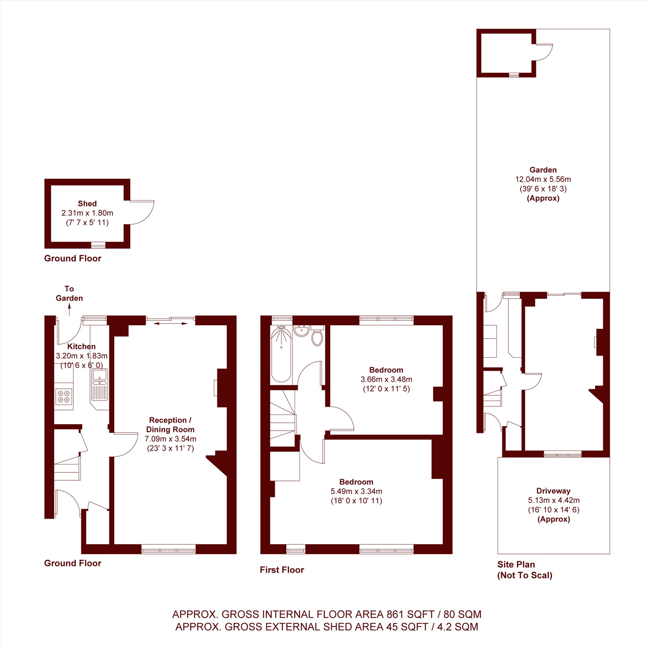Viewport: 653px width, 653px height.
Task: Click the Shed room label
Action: [87, 203]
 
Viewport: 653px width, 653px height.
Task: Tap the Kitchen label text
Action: [81, 346]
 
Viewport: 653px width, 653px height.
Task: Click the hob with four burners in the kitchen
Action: [64, 396]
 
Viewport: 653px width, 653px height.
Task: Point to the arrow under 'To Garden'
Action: [70, 309]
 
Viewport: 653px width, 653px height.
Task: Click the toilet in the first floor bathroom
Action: [317, 336]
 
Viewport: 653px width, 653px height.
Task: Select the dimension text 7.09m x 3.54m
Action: [170, 439]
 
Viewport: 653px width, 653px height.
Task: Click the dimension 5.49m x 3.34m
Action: [356, 491]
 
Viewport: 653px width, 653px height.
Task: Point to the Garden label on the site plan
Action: [543, 170]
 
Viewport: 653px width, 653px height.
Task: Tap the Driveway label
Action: [553, 491]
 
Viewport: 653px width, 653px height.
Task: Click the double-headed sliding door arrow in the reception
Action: [170, 324]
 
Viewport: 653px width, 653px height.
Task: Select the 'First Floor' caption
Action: [282, 570]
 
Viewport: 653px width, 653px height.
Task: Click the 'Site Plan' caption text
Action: [516, 565]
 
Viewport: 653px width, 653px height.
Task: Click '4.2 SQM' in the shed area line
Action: [458, 627]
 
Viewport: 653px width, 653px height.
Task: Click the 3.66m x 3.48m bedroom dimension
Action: [386, 379]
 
